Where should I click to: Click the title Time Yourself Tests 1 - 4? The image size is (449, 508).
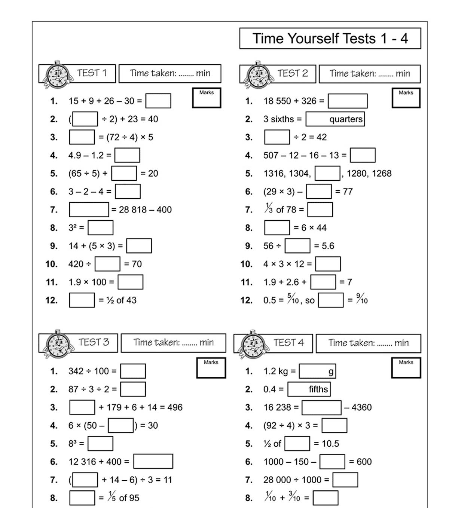point(330,39)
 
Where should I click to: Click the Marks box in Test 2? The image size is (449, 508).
point(406,98)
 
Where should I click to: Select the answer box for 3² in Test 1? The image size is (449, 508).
point(100,228)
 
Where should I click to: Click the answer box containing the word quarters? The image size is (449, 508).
point(335,119)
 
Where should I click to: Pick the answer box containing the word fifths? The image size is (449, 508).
point(309,389)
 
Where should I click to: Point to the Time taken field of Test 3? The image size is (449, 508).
point(174,343)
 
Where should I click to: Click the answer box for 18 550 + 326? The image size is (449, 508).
point(348,101)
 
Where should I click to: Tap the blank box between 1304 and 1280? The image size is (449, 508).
point(327,174)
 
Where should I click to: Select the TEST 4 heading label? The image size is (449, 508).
point(289,343)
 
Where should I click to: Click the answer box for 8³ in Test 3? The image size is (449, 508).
point(100,444)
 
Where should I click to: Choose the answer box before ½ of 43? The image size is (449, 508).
point(82,300)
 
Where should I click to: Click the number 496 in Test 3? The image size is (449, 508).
point(175,407)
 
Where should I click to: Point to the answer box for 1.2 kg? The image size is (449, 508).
point(317,371)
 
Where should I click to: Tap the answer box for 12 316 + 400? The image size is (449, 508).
point(153,462)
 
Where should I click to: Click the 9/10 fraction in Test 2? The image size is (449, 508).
point(362,299)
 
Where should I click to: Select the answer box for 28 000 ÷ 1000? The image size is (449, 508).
point(345,480)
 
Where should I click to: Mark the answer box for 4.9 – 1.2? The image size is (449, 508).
point(127,155)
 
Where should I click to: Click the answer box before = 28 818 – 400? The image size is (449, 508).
point(89,210)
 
